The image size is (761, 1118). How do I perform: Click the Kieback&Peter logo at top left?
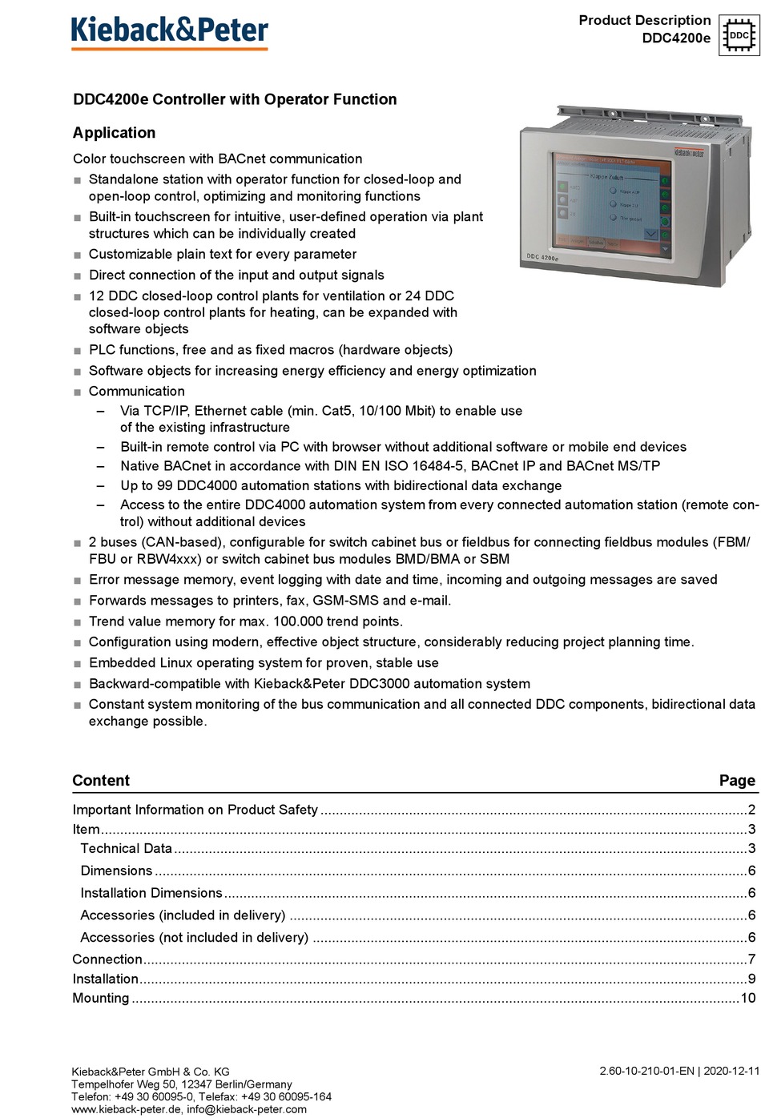tap(170, 31)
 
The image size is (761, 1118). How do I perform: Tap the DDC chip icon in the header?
tap(738, 35)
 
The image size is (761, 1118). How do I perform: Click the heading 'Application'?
tap(114, 133)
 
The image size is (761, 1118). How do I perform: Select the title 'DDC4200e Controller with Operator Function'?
tap(235, 99)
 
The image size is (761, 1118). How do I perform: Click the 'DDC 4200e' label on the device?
tap(542, 257)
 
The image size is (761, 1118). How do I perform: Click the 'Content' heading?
tap(101, 780)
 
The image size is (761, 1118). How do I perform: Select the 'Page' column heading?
tap(737, 780)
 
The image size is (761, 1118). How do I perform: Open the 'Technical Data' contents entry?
tap(126, 848)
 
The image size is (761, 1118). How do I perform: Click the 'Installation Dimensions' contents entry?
tap(151, 892)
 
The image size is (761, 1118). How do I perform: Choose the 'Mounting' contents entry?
tap(101, 998)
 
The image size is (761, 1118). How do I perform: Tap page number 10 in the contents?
tap(747, 998)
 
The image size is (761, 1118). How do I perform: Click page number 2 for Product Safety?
tap(751, 810)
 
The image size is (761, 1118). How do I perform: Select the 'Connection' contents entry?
tap(107, 959)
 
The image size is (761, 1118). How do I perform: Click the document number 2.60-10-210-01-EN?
tap(646, 1071)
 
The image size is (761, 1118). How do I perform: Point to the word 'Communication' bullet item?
tap(137, 391)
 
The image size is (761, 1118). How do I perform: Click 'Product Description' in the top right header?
tap(644, 20)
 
